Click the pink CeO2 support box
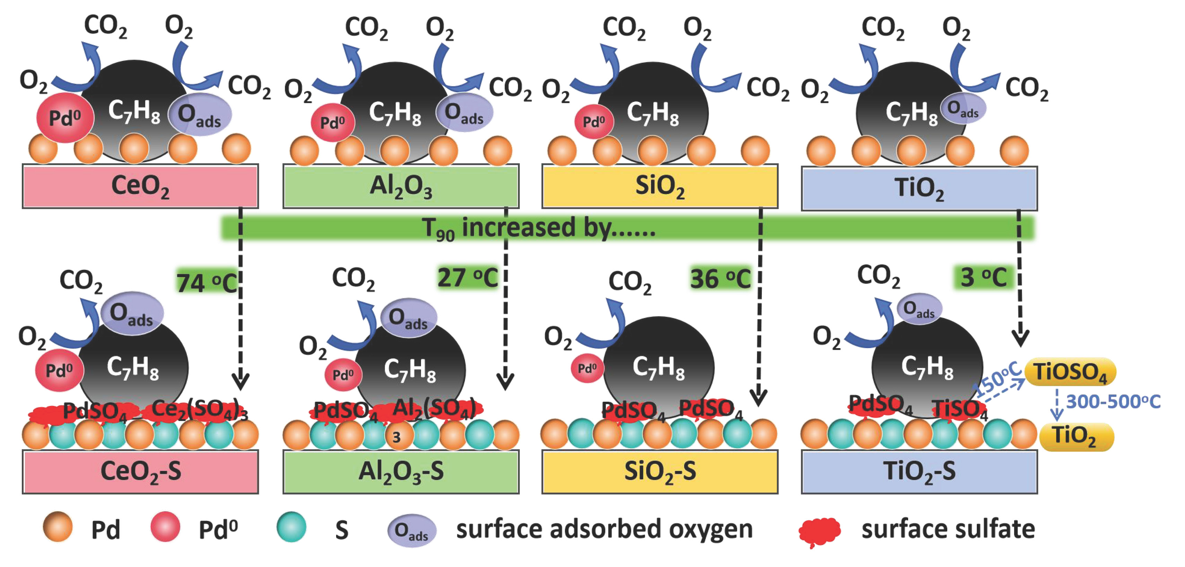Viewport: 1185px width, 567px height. [x=140, y=186]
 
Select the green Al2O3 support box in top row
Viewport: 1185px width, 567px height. [x=401, y=186]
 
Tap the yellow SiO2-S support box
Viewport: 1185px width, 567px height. [x=660, y=471]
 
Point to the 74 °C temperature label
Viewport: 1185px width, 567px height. [x=207, y=282]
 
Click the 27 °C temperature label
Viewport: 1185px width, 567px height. [x=467, y=278]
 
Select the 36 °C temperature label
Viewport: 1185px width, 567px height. [x=720, y=279]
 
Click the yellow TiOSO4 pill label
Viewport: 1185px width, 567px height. [x=1070, y=372]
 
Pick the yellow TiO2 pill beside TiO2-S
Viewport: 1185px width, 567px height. [x=1075, y=436]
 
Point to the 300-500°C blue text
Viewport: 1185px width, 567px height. [x=1113, y=402]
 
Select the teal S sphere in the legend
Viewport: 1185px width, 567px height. [x=291, y=527]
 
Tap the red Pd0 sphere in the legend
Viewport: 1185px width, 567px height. [x=165, y=527]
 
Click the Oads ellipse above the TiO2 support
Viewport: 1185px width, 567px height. [x=963, y=109]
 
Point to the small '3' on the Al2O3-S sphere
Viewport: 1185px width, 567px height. [x=396, y=437]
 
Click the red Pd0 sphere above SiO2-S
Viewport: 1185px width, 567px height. [x=587, y=368]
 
